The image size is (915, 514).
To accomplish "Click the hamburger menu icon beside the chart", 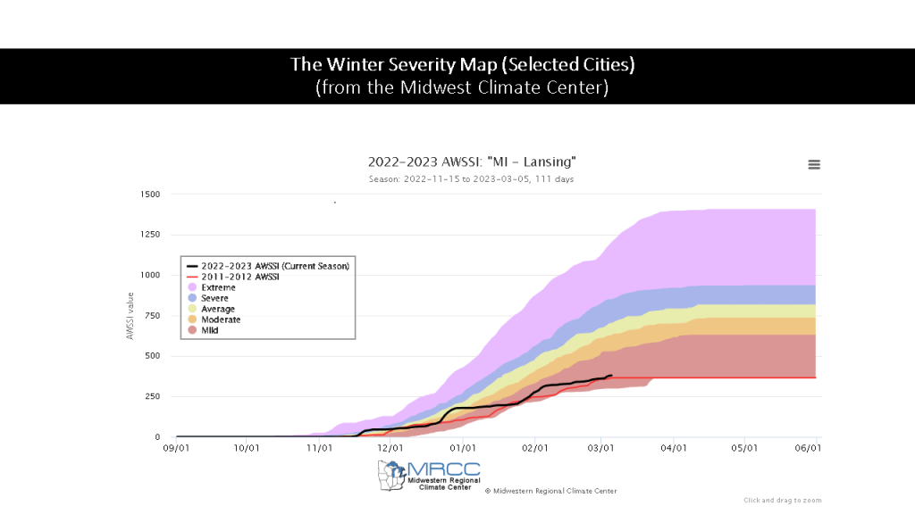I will [814, 164].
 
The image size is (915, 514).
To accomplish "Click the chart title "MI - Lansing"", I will [472, 162].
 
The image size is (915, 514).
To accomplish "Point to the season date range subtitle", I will [471, 179].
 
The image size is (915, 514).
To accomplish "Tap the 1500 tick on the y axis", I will [149, 195].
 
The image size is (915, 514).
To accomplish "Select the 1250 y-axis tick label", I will [149, 235].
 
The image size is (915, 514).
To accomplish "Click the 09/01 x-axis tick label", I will [177, 448].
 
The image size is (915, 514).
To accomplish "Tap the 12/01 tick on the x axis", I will [390, 448].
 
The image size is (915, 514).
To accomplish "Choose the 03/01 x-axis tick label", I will [601, 448].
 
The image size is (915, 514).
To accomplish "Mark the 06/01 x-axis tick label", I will [808, 448].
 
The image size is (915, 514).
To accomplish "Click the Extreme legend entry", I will [218, 287].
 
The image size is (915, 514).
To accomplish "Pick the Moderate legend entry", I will [221, 319].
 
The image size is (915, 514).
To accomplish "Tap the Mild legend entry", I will [210, 330].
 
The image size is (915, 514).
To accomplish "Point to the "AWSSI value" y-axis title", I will [130, 316].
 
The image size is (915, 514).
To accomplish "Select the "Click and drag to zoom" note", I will [782, 501].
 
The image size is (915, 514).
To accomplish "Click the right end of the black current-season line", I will [611, 376].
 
